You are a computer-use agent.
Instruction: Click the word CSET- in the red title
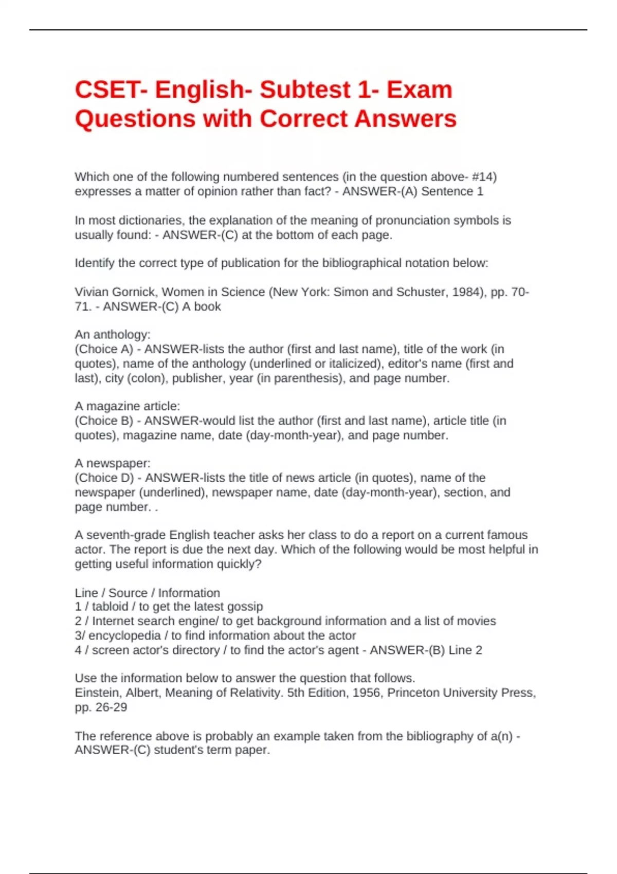[x=110, y=90]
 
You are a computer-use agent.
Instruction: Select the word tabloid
[x=110, y=607]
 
